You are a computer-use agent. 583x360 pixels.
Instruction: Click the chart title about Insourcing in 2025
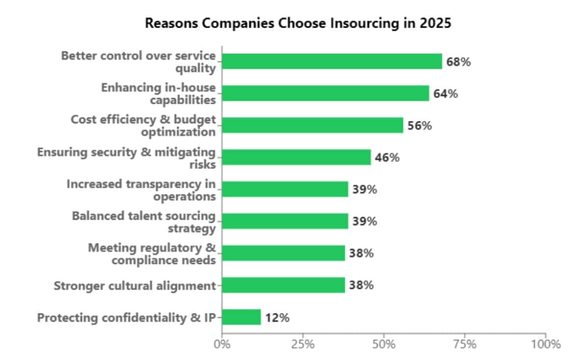[x=298, y=24]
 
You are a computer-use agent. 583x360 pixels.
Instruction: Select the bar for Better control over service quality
[x=332, y=62]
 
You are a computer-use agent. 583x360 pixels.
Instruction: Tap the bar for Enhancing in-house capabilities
[x=325, y=94]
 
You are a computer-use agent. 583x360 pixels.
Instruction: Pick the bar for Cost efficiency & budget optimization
[x=313, y=125]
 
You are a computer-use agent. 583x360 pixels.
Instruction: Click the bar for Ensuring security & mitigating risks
[x=296, y=157]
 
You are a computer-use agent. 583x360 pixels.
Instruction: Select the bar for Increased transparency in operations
[x=285, y=189]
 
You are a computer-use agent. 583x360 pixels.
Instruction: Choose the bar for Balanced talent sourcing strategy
[x=285, y=221]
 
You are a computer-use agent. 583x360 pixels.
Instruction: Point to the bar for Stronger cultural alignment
[x=283, y=285]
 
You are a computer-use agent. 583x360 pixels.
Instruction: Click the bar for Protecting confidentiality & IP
[x=242, y=317]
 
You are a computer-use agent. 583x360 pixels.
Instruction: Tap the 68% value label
[x=458, y=62]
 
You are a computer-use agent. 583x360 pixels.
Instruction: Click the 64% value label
[x=445, y=94]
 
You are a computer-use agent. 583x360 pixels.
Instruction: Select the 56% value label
[x=419, y=126]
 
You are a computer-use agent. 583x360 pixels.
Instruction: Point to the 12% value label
[x=277, y=318]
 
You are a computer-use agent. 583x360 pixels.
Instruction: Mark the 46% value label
[x=387, y=158]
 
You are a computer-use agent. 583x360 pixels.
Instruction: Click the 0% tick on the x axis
[x=222, y=344]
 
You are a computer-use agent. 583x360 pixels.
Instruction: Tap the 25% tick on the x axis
[x=303, y=344]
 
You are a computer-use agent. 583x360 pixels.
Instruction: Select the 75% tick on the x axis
[x=464, y=344]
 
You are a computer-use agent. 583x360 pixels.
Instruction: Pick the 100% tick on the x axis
[x=545, y=344]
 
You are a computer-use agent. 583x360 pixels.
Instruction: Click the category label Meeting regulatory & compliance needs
[x=152, y=254]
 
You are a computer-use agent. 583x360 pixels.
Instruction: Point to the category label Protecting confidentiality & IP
[x=127, y=317]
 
